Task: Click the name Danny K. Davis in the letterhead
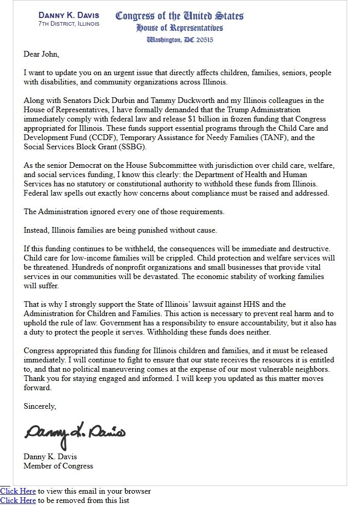coord(69,15)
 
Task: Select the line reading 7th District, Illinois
coord(69,24)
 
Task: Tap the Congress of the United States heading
coord(179,15)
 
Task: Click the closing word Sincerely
coord(40,406)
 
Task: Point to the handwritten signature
coord(75,433)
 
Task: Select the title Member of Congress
coord(58,466)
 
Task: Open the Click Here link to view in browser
coord(18,491)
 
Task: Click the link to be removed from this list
coord(18,500)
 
